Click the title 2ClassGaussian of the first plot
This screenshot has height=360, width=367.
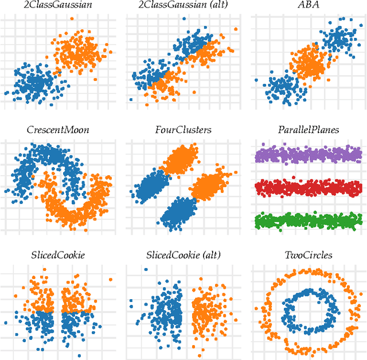pos(58,6)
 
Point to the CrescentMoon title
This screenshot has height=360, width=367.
pos(58,130)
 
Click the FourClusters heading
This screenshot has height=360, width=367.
pos(183,130)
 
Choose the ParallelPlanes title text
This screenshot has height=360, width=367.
pos(307,130)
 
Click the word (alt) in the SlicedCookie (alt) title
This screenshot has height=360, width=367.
pos(208,254)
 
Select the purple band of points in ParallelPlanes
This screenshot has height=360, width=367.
pos(307,154)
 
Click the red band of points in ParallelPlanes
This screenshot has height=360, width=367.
pos(307,187)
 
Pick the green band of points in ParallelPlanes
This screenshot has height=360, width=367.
pos(307,220)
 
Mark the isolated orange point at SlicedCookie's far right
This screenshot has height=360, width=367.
pos(110,280)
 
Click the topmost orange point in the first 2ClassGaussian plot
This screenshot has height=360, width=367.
pos(71,19)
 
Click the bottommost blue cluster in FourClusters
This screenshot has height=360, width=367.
pos(179,213)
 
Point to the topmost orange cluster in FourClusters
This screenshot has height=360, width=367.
pos(182,159)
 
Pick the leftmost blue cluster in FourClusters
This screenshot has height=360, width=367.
pos(151,187)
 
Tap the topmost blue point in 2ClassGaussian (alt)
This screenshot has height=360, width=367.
pos(183,19)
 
